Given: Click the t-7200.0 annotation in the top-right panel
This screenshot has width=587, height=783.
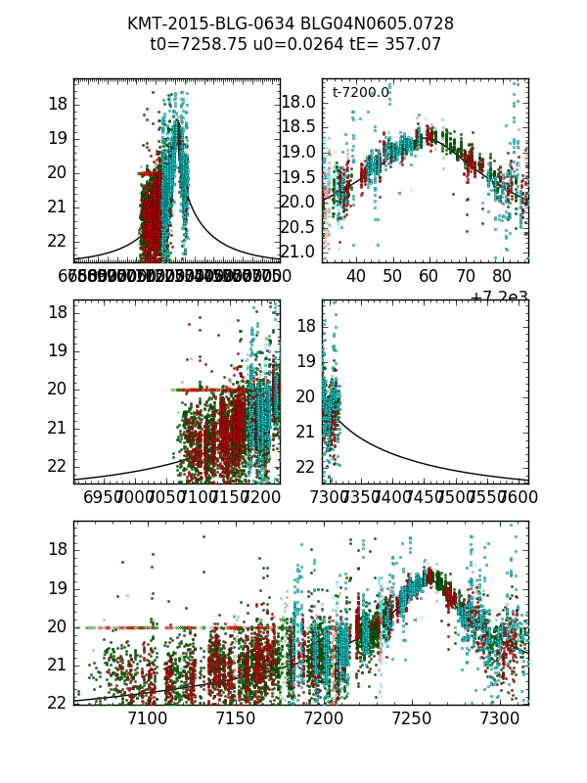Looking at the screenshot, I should pyautogui.click(x=360, y=93).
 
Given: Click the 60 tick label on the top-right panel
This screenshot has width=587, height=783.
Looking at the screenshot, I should pyautogui.click(x=429, y=276).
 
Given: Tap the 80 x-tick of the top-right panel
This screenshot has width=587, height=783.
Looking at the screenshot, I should pyautogui.click(x=501, y=276).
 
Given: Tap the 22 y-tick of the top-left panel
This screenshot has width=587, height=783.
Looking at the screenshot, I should pyautogui.click(x=55, y=241).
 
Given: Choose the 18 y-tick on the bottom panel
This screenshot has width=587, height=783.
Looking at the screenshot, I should pyautogui.click(x=55, y=549).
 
